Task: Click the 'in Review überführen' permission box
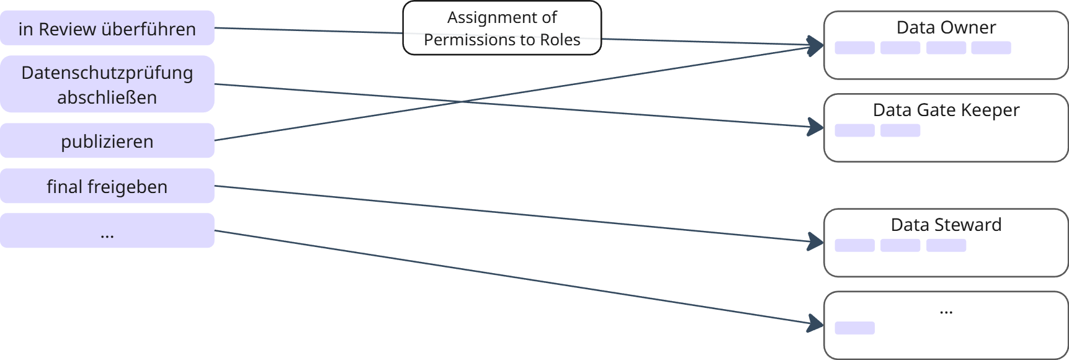coord(107,28)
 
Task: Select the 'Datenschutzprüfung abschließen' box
coord(107,84)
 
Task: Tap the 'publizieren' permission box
coord(107,141)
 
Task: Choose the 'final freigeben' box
coord(107,186)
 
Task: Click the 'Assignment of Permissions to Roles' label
coord(502,29)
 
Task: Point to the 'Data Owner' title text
coord(946,27)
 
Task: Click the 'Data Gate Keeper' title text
coord(946,110)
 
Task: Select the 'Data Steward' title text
coord(946,225)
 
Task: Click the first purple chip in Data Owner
coord(854,48)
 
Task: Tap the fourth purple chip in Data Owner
coord(991,48)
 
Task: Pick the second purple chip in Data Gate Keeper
coord(900,130)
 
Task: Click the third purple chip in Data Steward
coord(946,245)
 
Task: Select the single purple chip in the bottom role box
coord(854,328)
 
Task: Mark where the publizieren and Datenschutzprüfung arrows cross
coord(462,101)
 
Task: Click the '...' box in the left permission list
coord(107,231)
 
